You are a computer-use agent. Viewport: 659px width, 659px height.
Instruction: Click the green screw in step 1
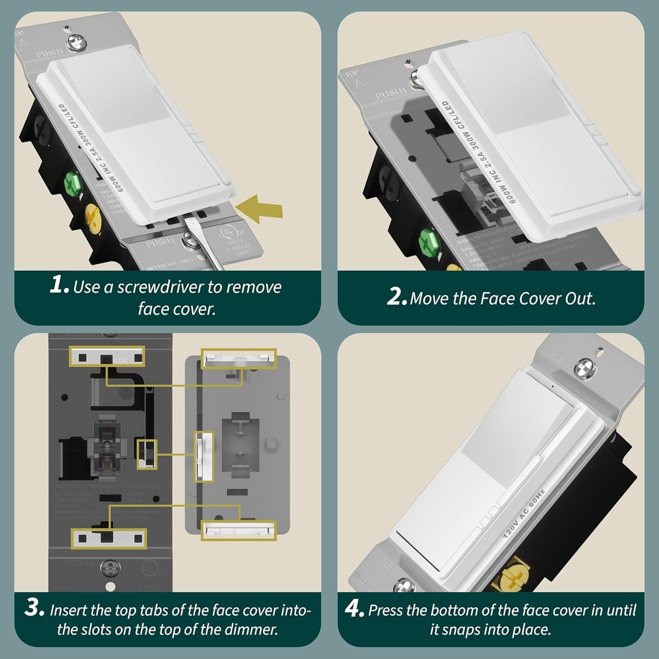coord(73,183)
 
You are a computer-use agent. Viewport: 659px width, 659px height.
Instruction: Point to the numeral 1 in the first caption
coord(58,286)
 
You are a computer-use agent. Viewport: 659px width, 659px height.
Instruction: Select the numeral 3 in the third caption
coord(34,608)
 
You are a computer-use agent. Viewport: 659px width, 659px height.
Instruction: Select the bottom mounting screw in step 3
coord(109,568)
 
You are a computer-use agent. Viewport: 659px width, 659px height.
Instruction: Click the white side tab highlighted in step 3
coord(204,456)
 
